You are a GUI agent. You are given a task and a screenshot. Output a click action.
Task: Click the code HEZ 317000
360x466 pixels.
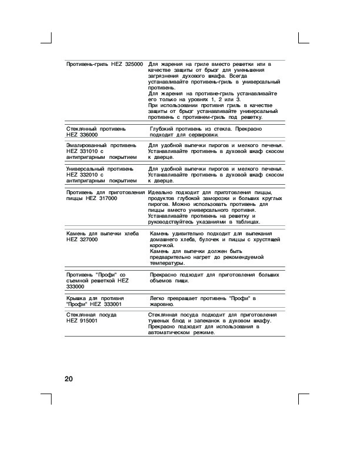click(102, 199)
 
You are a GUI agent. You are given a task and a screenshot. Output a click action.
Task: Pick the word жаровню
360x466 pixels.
click(161, 305)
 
